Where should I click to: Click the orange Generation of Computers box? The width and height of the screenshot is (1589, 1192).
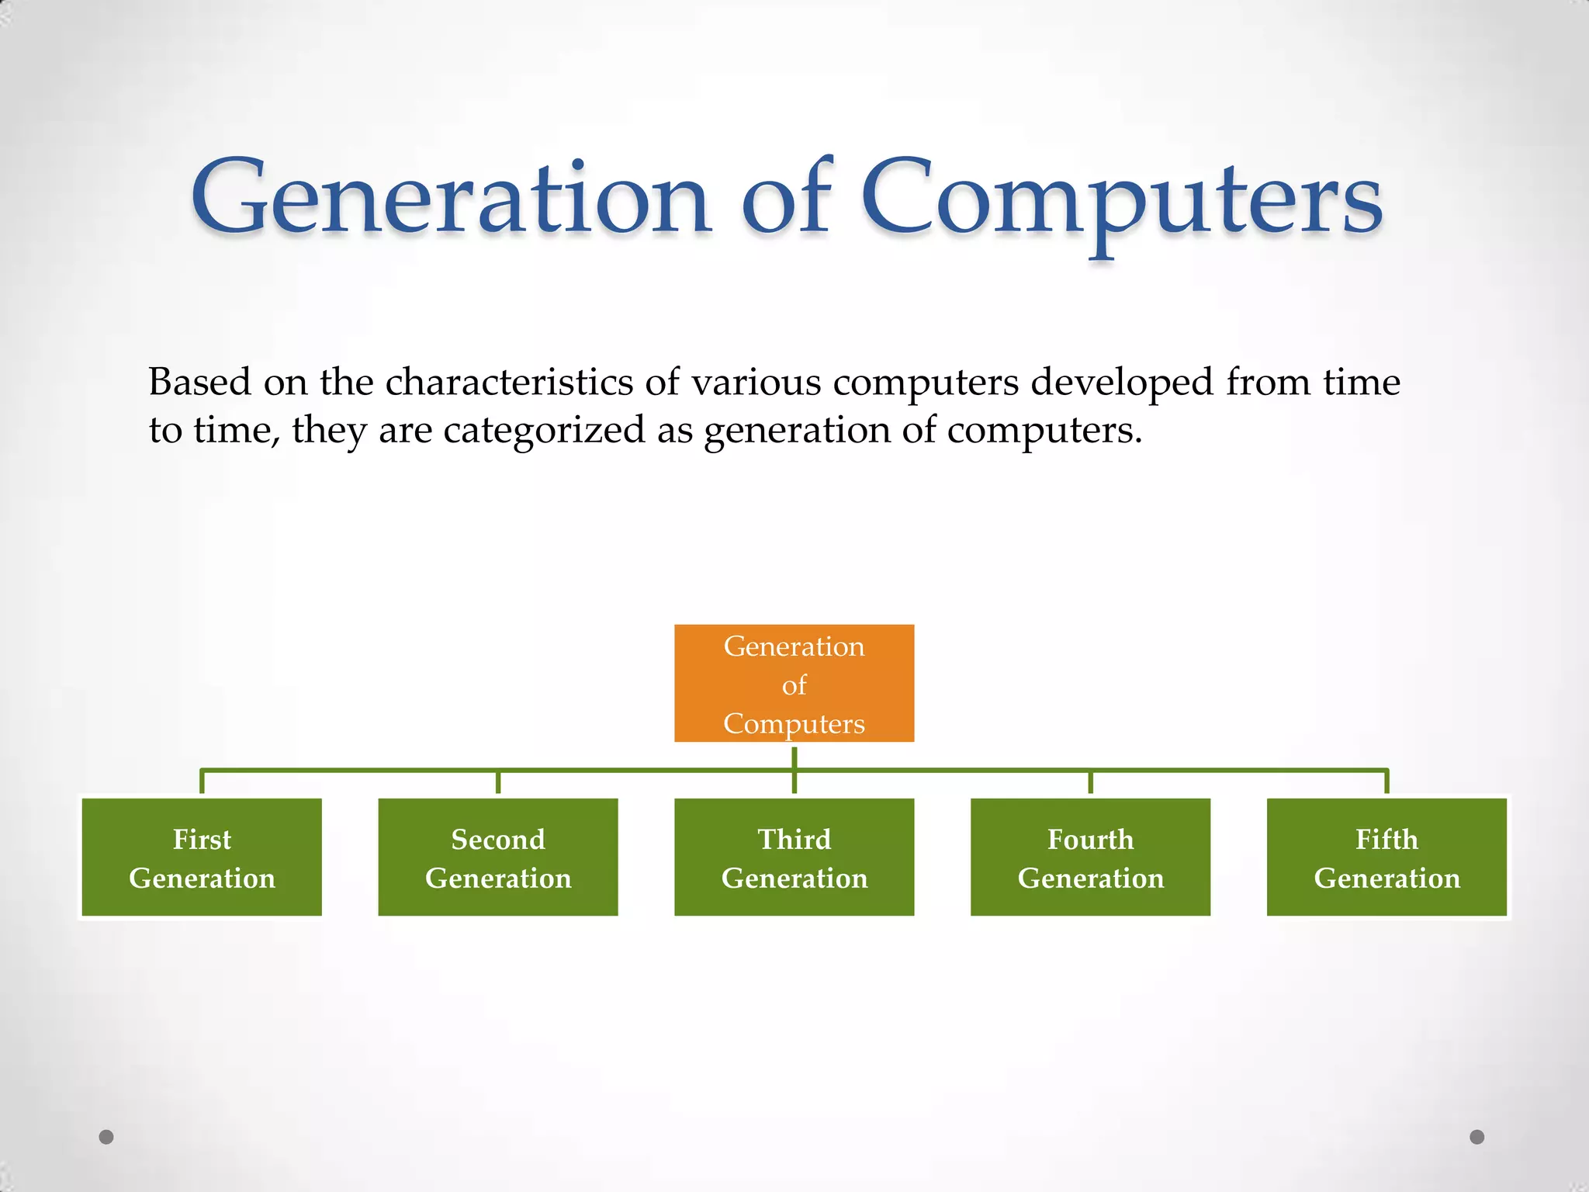click(x=794, y=683)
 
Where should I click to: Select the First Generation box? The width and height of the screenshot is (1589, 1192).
click(x=202, y=857)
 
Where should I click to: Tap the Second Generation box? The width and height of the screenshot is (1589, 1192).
click(x=498, y=857)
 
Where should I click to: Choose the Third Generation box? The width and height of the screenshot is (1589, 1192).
click(x=794, y=857)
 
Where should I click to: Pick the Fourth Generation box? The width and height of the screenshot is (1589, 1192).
click(x=1090, y=857)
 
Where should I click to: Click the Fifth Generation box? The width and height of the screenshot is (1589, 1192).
click(x=1386, y=857)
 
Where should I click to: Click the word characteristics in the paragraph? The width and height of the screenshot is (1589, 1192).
click(x=509, y=383)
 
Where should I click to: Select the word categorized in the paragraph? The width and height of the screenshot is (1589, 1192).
click(x=544, y=431)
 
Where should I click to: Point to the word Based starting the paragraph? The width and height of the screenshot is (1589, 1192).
click(x=199, y=383)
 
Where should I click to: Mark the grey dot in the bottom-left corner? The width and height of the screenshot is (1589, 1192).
click(x=106, y=1137)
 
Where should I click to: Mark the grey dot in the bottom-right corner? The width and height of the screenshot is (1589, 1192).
click(x=1477, y=1137)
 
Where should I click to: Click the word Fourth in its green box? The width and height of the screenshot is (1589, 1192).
click(x=1090, y=839)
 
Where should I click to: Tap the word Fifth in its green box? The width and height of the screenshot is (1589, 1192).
click(x=1386, y=839)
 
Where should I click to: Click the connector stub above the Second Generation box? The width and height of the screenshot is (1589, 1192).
click(x=498, y=782)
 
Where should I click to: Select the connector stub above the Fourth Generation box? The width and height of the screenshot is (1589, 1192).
click(x=1090, y=782)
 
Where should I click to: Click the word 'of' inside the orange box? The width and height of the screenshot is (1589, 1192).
click(x=794, y=685)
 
